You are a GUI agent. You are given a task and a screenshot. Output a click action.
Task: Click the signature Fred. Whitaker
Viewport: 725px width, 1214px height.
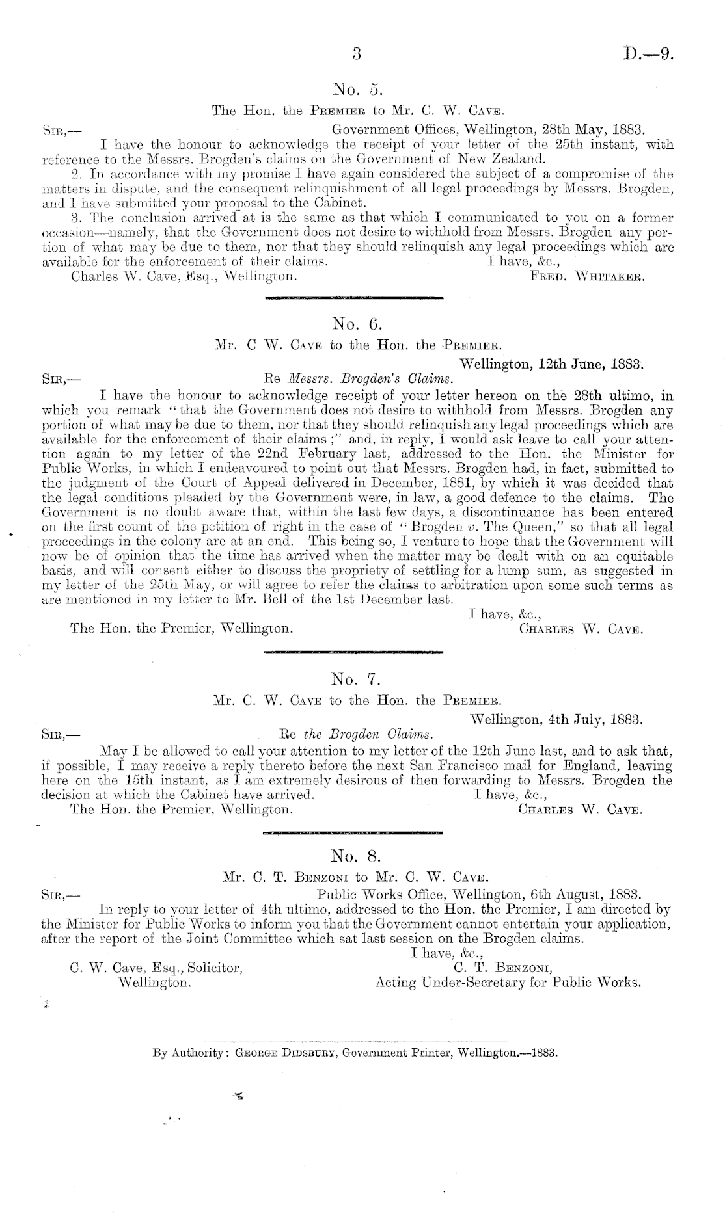(587, 276)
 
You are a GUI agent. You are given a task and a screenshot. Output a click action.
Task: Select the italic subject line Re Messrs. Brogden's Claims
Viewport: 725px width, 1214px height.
(355, 378)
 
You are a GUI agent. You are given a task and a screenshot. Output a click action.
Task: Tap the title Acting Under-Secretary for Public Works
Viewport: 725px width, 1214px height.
(508, 982)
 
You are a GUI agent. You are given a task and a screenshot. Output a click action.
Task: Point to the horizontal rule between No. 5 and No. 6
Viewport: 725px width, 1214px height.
(351, 298)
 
